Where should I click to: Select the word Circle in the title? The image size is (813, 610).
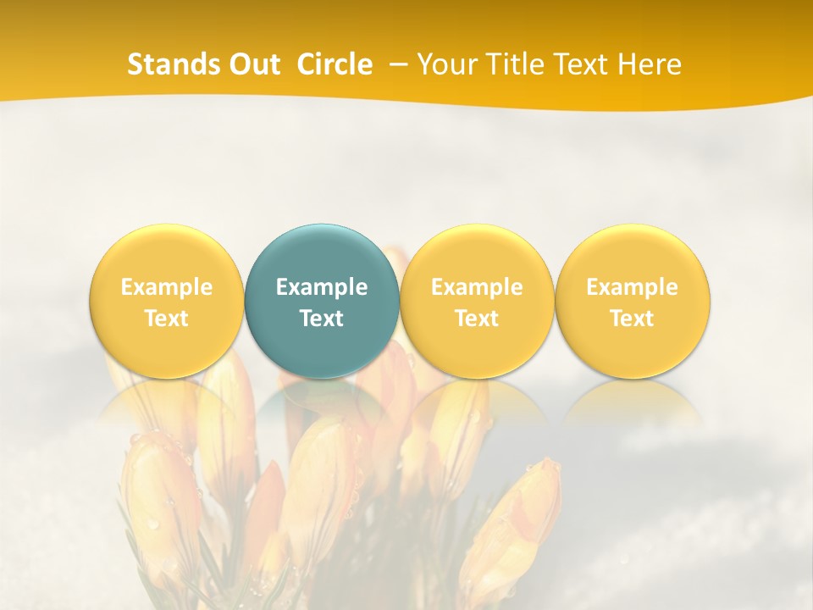tap(335, 64)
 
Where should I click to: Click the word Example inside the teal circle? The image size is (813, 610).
tap(322, 287)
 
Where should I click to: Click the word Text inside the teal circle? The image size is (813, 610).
tap(322, 319)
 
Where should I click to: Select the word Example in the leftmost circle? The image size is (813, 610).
tap(166, 287)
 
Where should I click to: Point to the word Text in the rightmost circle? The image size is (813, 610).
tap(632, 319)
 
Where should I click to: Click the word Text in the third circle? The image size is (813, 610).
tap(477, 319)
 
